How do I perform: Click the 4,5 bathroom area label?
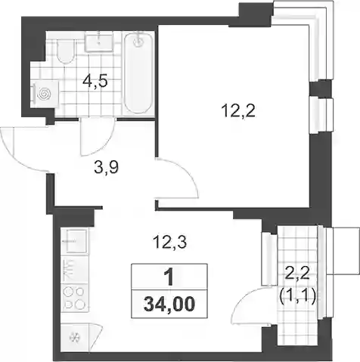[95, 81]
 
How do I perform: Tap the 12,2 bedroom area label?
[238, 111]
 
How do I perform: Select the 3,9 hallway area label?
[106, 168]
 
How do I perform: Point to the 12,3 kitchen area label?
[169, 243]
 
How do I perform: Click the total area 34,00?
[169, 304]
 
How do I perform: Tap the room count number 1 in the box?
[169, 277]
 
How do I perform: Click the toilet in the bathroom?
[66, 51]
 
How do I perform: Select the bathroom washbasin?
[98, 43]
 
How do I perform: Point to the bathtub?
[138, 74]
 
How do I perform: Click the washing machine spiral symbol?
[45, 94]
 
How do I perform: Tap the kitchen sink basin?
[75, 241]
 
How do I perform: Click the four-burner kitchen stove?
[74, 299]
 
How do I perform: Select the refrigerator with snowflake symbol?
[75, 337]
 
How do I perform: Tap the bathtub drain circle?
[138, 42]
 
